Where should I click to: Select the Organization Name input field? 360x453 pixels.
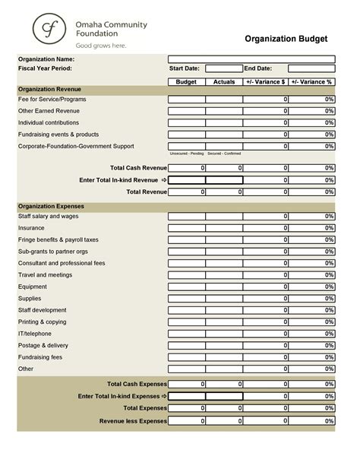(x=251, y=59)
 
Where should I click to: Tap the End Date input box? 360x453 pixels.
(x=311, y=68)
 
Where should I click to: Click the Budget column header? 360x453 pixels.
(x=186, y=81)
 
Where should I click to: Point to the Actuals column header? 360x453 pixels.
(x=224, y=81)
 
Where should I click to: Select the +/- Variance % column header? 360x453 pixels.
(x=311, y=81)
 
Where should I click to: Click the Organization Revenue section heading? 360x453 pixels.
(x=51, y=90)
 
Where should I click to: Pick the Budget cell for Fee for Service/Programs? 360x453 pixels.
(x=186, y=100)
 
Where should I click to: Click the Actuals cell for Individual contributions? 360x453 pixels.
(x=224, y=122)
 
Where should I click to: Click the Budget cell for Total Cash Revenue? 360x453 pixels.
(x=186, y=168)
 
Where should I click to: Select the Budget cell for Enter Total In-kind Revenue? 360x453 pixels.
(x=186, y=180)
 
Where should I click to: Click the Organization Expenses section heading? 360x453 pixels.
(x=51, y=206)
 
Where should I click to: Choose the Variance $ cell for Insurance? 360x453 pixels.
(x=267, y=228)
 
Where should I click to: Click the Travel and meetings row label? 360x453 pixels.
(x=45, y=274)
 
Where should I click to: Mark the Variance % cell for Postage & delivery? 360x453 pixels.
(x=311, y=346)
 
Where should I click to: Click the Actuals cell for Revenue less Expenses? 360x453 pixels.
(x=224, y=420)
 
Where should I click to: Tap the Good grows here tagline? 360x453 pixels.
(x=101, y=45)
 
